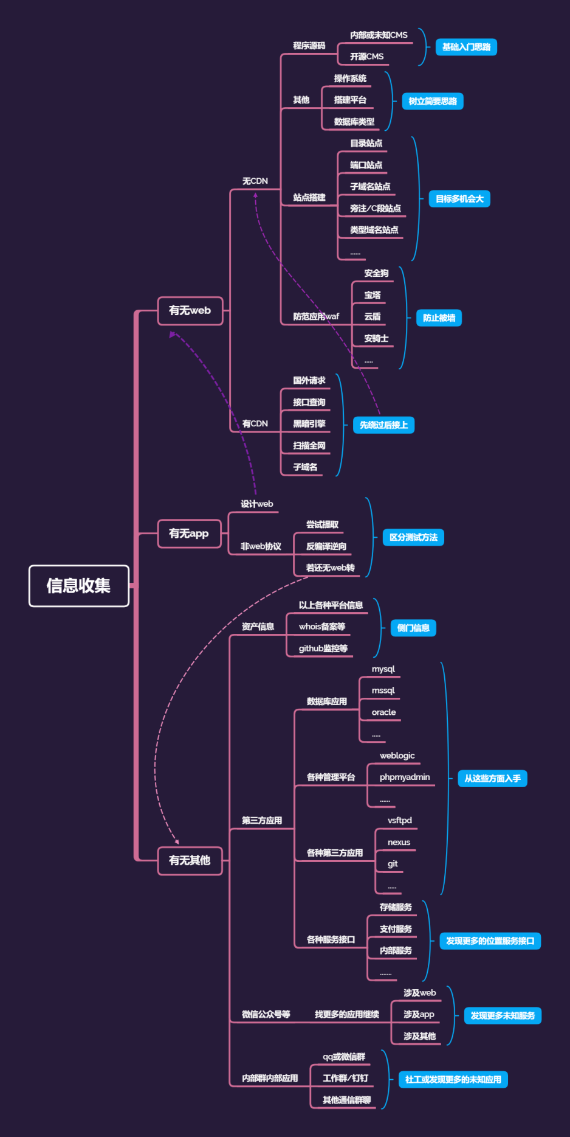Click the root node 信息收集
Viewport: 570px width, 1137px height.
point(78,586)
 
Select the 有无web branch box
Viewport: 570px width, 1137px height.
point(190,311)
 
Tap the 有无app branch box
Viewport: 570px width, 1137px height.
point(189,534)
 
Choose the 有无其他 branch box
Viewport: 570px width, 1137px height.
point(190,860)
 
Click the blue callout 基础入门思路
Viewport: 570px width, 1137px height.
point(466,47)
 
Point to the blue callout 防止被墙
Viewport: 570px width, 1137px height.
point(439,318)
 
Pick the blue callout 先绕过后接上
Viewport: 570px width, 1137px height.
point(383,425)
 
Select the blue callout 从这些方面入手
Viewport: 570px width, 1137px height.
point(492,779)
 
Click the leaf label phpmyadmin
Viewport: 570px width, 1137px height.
point(405,777)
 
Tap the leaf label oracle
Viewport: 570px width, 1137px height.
point(383,712)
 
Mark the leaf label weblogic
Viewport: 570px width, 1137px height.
point(397,756)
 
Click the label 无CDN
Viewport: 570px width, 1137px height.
point(255,181)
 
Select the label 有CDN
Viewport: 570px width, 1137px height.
point(255,424)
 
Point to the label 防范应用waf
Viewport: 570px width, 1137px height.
point(316,317)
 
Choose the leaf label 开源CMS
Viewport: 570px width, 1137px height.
point(366,57)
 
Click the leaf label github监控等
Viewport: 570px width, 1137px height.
point(323,648)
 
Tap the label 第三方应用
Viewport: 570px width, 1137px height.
point(262,821)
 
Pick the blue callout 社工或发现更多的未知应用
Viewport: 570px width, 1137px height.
point(453,1080)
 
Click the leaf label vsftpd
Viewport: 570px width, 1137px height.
point(400,821)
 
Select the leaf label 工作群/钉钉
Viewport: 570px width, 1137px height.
point(345,1079)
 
